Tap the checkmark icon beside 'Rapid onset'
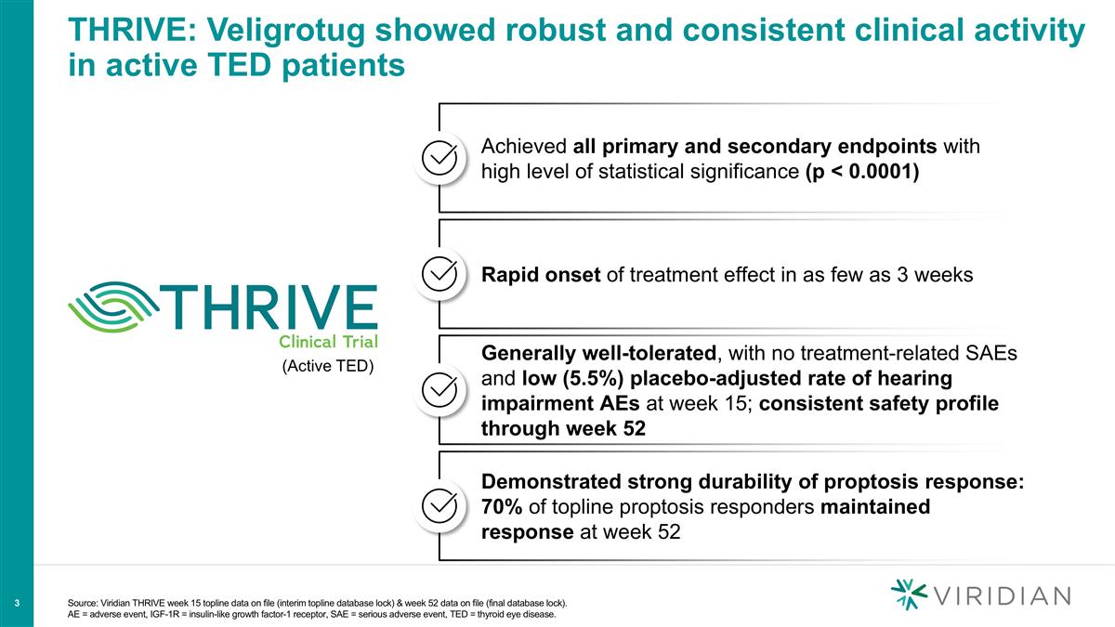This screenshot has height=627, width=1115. click(x=439, y=275)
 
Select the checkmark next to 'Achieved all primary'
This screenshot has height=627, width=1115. click(x=439, y=159)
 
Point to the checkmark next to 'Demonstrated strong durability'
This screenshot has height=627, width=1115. click(x=439, y=506)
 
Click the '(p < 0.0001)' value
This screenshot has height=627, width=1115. click(x=862, y=173)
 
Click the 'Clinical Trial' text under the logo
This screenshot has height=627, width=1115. click(x=328, y=340)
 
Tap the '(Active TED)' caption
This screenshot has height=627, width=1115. click(x=327, y=366)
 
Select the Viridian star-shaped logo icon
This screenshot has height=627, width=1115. click(x=908, y=595)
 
